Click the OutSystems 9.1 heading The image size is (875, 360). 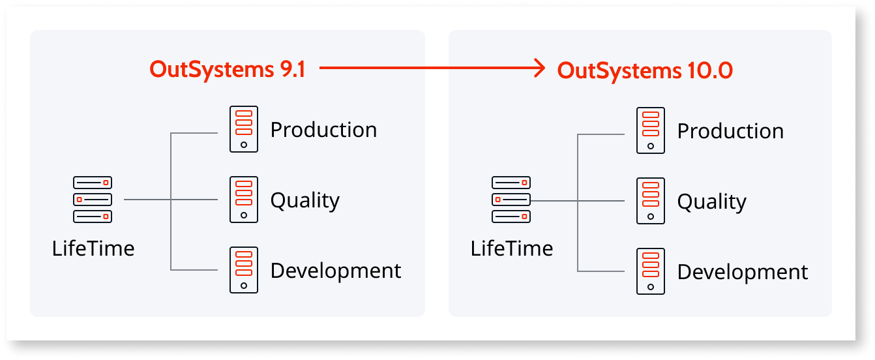(227, 69)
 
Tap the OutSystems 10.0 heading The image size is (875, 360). (644, 70)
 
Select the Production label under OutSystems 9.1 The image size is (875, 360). (323, 129)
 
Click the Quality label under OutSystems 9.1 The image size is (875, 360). (304, 200)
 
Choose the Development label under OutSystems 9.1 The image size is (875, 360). (336, 270)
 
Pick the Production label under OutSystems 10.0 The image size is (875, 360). (730, 130)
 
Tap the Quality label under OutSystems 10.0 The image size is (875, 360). (711, 202)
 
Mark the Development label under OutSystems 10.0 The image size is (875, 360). (743, 271)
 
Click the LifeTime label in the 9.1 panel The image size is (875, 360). (93, 248)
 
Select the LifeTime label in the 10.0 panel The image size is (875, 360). (512, 248)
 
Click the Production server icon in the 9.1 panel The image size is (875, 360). (244, 129)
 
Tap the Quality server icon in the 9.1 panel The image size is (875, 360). (244, 200)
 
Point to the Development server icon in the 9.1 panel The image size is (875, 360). (244, 270)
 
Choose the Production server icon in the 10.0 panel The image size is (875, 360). (651, 130)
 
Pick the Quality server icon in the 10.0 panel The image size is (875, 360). (651, 201)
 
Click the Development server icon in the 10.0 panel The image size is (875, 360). (651, 271)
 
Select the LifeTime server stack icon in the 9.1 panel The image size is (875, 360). (93, 199)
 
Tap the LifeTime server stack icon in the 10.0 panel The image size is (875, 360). (511, 199)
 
